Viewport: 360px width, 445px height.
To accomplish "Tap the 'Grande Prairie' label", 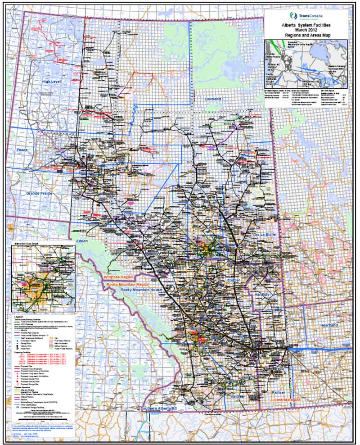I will coord(39,193).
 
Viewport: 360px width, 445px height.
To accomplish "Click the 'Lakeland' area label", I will coord(212,99).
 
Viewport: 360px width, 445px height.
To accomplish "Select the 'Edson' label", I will coord(82,241).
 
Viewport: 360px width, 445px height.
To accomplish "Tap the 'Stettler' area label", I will coord(235,280).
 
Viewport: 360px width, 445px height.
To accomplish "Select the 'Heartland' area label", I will coord(327,325).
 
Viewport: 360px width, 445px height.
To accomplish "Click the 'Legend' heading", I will coord(20,317).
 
